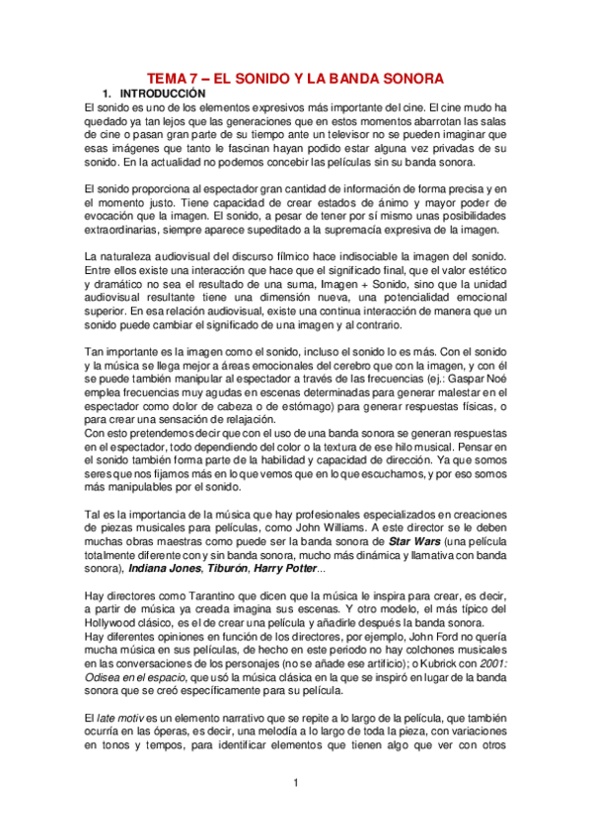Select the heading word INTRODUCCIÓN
[158, 93]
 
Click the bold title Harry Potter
[307, 569]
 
